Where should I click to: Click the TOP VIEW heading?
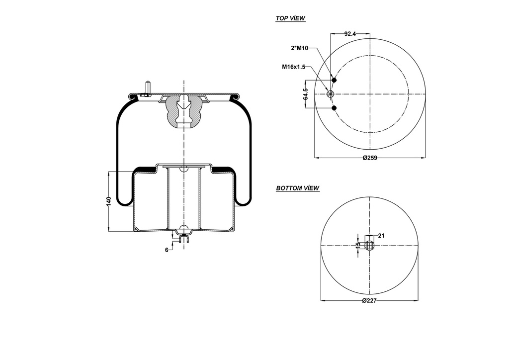pos(290,18)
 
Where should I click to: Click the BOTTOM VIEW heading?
pos(297,188)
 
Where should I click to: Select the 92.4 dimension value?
pos(350,34)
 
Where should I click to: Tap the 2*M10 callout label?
pos(300,48)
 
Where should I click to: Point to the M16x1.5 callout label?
pos(293,67)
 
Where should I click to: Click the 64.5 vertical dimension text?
pos(306,94)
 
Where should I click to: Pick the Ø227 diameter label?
pos(369,301)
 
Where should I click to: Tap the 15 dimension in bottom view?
pos(357,245)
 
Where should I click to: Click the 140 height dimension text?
pos(108,201)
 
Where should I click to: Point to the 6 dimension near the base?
pos(167,250)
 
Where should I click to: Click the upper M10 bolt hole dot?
pos(334,81)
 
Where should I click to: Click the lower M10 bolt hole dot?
pos(334,107)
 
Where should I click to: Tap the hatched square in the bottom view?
pos(369,245)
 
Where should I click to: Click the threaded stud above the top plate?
pos(148,88)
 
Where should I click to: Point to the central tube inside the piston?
pos(184,199)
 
